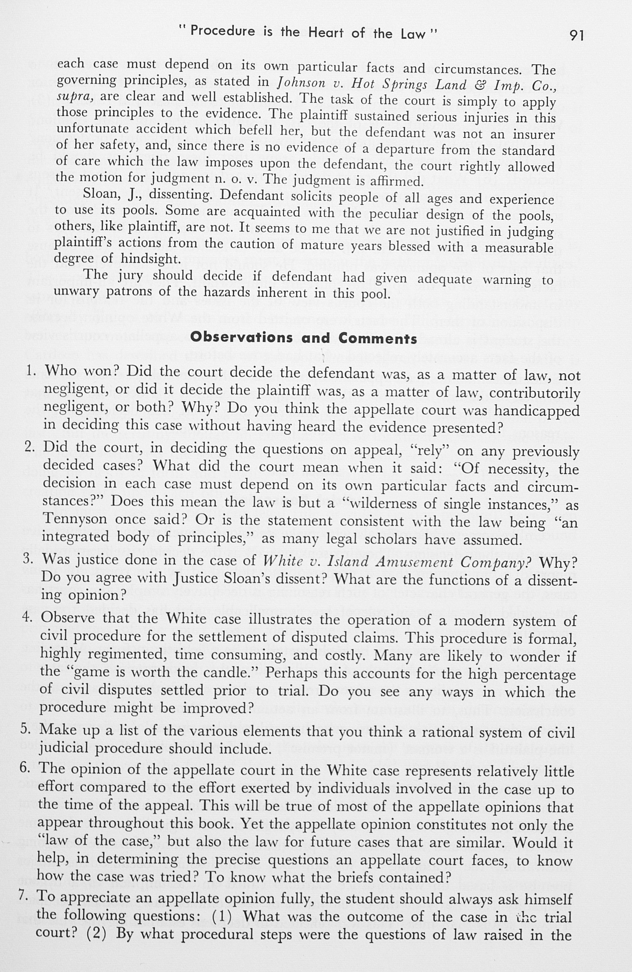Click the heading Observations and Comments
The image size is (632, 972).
point(303,338)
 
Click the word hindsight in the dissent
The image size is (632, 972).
point(150,259)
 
